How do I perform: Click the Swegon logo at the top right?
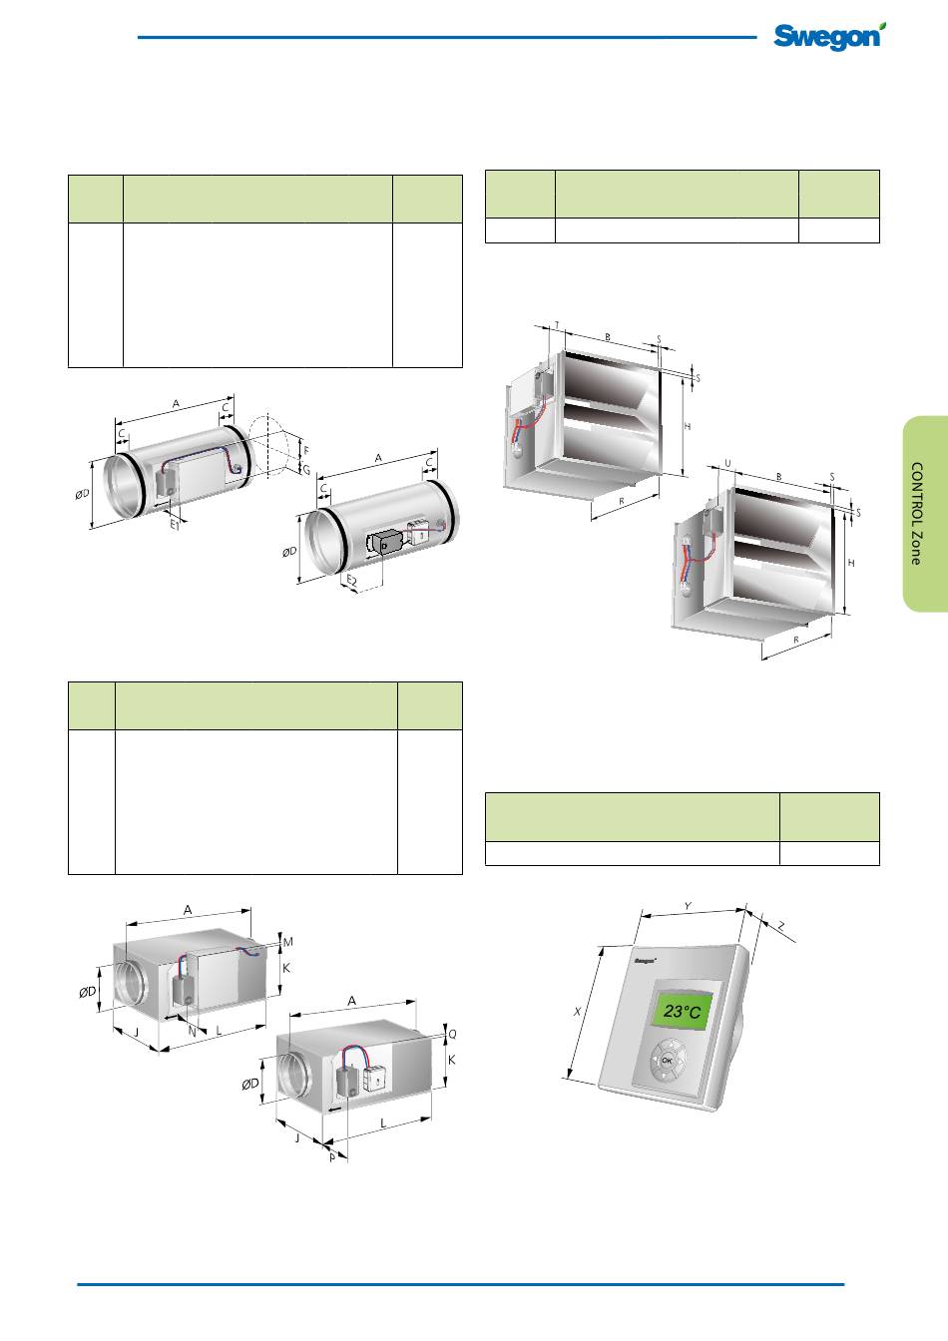coord(829,36)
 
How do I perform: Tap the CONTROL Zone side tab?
coord(925,513)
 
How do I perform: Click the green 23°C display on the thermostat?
coord(683,1011)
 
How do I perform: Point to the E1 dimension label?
coord(175,525)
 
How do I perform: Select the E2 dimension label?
coord(352,580)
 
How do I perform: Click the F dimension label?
coord(306,451)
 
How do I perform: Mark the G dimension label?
coord(306,470)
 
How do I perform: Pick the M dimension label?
coord(288,942)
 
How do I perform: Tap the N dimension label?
coord(193,1031)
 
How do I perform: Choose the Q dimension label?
coord(452,1034)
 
